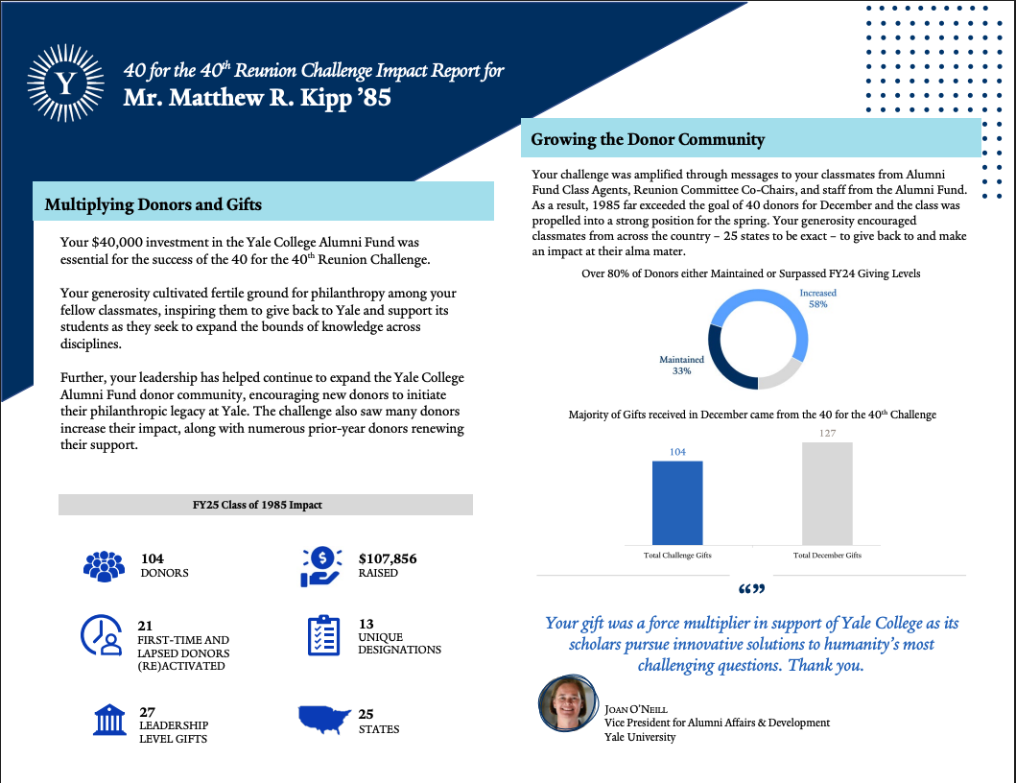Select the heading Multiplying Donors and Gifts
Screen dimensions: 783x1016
[x=154, y=204]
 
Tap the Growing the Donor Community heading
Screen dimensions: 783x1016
[x=648, y=140]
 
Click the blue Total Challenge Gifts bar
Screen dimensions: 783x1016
[x=677, y=503]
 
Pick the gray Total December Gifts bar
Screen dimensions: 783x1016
[x=827, y=493]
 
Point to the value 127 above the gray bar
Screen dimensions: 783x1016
[x=827, y=433]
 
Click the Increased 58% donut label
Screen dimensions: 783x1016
[x=818, y=298]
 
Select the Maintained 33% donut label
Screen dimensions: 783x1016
[x=682, y=366]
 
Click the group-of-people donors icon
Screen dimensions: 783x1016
[x=104, y=566]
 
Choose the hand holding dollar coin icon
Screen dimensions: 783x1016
[x=321, y=566]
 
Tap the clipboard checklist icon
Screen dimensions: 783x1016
[x=323, y=635]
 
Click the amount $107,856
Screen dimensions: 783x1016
[x=388, y=558]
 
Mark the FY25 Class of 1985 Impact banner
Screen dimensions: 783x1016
[x=265, y=505]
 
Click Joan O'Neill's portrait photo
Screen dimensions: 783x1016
[x=566, y=703]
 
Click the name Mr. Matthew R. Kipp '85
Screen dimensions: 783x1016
[x=257, y=98]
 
